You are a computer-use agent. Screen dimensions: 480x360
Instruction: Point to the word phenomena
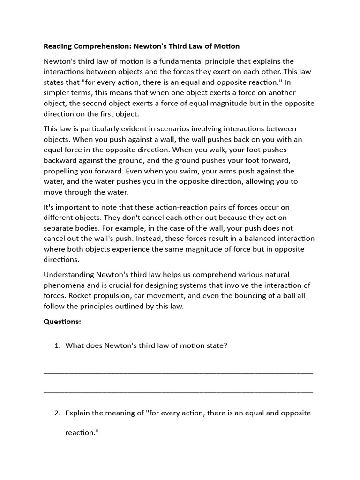click(63, 285)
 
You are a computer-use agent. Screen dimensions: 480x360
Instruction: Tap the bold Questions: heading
click(62, 322)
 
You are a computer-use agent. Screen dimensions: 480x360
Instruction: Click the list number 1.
click(57, 346)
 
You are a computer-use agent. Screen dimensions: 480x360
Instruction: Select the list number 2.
click(57, 413)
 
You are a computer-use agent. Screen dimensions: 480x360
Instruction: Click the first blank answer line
click(178, 372)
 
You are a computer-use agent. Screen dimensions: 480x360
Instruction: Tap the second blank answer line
click(178, 391)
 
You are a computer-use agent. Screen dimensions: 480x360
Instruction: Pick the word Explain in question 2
click(78, 413)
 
